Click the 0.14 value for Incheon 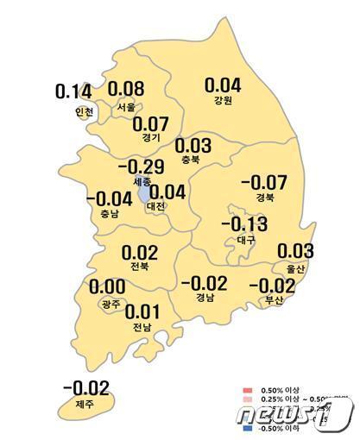pos(73,91)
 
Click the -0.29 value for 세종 pos(142,166)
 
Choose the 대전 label pos(158,207)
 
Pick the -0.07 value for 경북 pos(263,182)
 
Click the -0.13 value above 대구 pos(244,225)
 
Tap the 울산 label pos(295,268)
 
